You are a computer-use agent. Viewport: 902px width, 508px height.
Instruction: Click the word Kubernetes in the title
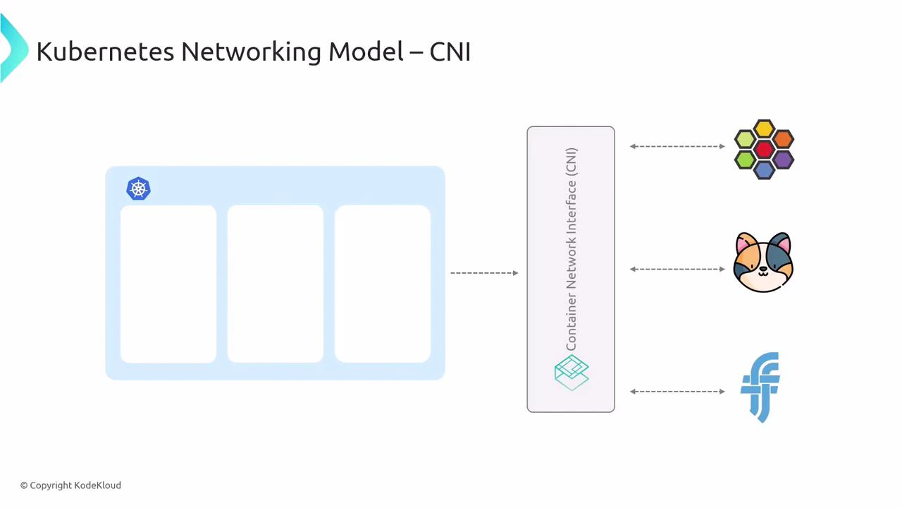[x=105, y=52]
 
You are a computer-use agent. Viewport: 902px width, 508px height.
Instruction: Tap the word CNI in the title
[x=450, y=52]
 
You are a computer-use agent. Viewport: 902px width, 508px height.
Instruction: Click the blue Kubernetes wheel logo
[x=138, y=189]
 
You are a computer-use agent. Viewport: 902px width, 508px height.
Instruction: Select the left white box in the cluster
[x=168, y=284]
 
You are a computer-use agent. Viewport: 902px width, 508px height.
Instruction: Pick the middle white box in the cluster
[x=276, y=284]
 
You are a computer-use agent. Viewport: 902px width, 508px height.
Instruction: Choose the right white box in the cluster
[x=383, y=284]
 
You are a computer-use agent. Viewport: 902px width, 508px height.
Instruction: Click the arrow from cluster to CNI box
[x=484, y=273]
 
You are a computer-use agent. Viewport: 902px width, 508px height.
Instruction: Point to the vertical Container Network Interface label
[x=571, y=249]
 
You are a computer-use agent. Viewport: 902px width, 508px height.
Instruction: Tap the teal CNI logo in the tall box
[x=572, y=373]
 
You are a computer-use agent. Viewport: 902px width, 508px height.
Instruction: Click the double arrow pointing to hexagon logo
[x=677, y=147]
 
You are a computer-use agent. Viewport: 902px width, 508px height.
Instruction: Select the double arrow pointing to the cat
[x=677, y=269]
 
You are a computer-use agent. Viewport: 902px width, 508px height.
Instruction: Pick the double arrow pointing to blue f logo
[x=677, y=392]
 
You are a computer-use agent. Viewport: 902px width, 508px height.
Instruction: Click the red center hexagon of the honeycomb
[x=765, y=150]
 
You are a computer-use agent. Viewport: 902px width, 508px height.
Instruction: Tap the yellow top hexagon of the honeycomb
[x=765, y=129]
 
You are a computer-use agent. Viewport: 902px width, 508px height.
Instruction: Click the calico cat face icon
[x=763, y=262]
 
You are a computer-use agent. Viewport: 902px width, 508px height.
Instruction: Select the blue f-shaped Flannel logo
[x=760, y=387]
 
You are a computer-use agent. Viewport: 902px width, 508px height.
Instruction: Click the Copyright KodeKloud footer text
[x=70, y=485]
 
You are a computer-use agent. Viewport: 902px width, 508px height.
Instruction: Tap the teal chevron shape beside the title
[x=13, y=48]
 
